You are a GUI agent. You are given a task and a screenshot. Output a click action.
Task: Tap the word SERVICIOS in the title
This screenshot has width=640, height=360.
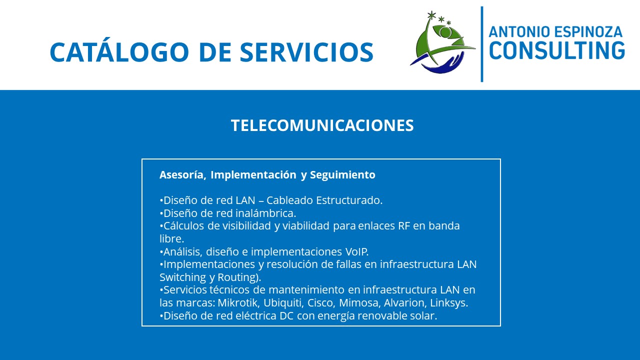(x=306, y=52)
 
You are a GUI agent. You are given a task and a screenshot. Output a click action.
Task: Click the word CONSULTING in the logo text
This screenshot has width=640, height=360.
(x=557, y=50)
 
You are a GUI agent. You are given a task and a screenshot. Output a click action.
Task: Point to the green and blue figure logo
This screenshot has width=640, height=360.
(x=443, y=42)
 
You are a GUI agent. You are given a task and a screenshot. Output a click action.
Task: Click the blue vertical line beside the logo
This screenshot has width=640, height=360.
(x=482, y=44)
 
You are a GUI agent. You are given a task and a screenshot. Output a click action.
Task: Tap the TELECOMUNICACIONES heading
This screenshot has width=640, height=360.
(x=322, y=125)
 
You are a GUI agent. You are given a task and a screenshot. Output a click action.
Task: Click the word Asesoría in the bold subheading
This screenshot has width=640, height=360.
(x=183, y=174)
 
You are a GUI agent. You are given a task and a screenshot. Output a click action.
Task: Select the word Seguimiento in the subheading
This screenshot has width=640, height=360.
(x=342, y=175)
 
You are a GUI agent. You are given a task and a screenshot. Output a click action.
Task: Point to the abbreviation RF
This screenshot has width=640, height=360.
(x=404, y=225)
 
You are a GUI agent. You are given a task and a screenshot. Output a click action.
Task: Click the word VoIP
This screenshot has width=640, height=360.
(x=357, y=251)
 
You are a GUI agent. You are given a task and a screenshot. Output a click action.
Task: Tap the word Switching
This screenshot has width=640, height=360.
(x=182, y=277)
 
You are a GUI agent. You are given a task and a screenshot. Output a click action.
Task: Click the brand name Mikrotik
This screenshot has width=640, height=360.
(x=238, y=302)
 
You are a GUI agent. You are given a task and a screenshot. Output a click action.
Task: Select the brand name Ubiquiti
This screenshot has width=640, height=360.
(x=283, y=303)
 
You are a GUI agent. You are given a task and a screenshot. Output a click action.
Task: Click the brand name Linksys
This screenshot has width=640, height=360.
(x=449, y=303)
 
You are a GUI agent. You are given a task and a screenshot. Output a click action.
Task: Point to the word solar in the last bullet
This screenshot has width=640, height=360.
(x=423, y=315)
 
